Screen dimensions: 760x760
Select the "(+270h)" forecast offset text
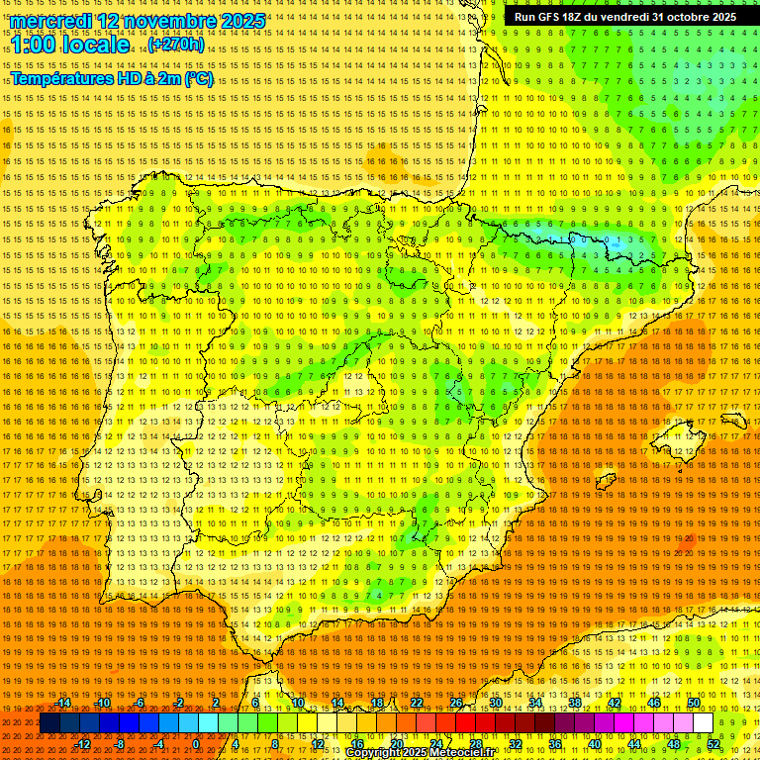(x=176, y=45)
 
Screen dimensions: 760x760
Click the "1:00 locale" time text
(x=69, y=45)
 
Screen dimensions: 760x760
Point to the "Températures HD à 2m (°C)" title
(x=111, y=79)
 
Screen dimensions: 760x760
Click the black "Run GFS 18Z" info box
(x=624, y=17)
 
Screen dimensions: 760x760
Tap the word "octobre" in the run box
(x=681, y=17)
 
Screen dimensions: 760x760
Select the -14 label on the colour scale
(x=63, y=703)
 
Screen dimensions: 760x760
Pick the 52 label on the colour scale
(x=713, y=744)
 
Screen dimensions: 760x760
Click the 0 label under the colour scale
(x=196, y=744)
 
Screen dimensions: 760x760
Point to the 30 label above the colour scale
(x=495, y=703)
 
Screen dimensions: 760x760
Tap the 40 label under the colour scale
(x=594, y=744)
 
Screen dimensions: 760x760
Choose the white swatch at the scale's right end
(x=704, y=723)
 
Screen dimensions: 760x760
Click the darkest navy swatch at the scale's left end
(x=48, y=723)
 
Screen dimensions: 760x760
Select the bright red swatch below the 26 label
(x=465, y=723)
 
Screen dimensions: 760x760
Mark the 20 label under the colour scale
(x=396, y=744)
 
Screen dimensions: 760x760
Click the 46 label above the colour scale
(x=654, y=703)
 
